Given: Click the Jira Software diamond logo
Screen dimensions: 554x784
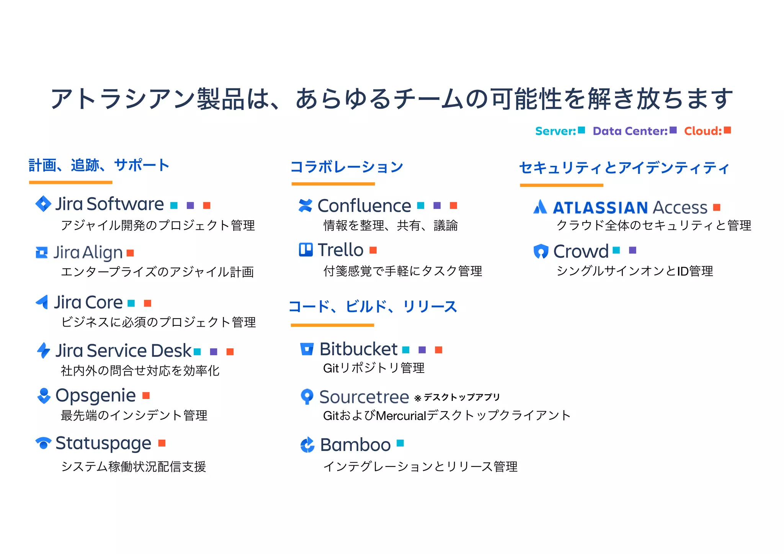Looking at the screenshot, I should [43, 204].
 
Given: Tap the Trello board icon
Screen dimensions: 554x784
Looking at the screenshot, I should [305, 250].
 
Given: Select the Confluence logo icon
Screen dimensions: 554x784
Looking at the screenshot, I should [305, 206].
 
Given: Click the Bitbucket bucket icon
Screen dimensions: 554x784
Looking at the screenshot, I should [307, 349].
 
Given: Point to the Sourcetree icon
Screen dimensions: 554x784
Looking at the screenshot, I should [307, 396].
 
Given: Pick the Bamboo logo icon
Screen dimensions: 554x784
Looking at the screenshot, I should [307, 445].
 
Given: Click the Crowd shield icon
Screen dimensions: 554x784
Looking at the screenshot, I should [541, 251].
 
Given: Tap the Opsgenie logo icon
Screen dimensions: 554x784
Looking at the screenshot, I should [44, 395].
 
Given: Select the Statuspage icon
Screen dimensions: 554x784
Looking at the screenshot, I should [43, 443].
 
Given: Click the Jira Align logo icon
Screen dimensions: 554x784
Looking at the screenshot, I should [41, 252].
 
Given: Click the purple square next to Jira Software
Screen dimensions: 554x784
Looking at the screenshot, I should [190, 206].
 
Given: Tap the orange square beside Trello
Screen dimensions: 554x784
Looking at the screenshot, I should [373, 250].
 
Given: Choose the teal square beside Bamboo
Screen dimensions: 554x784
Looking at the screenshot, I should [400, 443].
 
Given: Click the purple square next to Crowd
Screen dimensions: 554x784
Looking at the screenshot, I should [632, 250].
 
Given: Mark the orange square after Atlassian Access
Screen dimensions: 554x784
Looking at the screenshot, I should [717, 208].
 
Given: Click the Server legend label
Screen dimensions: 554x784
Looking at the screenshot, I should [555, 131].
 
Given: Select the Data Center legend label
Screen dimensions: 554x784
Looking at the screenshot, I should [630, 131].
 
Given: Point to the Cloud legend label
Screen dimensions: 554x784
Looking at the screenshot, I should [703, 131].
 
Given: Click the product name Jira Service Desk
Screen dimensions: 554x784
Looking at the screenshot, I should [123, 350].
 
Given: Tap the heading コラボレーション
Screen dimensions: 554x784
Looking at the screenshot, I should [347, 167].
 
